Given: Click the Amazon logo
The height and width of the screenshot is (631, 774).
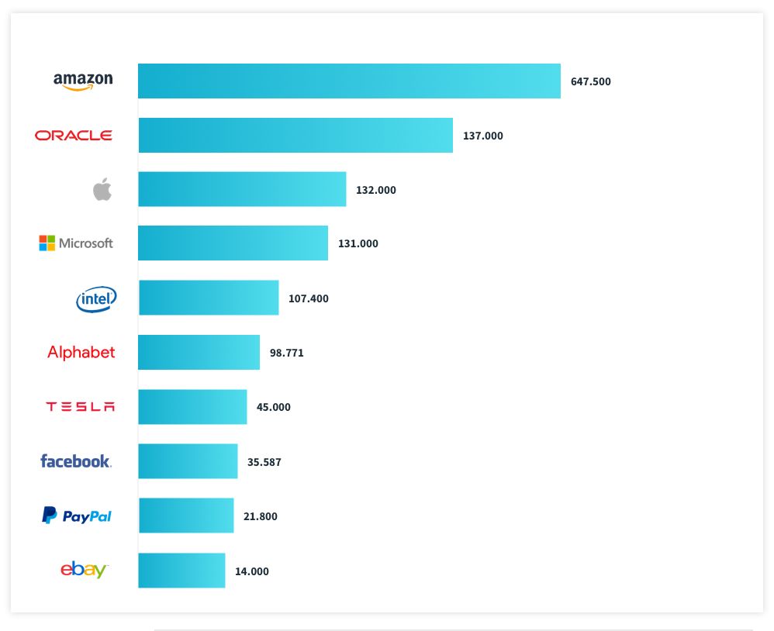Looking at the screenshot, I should coord(83,81).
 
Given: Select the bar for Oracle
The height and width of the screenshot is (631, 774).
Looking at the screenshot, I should coord(295,136).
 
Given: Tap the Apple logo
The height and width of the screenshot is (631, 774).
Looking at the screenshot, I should coord(102,189).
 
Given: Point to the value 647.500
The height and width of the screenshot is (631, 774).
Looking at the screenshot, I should coord(590,81).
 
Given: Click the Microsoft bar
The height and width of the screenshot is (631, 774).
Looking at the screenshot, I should coord(233,243).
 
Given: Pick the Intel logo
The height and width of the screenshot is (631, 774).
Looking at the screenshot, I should coord(96,298).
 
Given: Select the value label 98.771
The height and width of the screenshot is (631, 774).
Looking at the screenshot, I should coord(286,353).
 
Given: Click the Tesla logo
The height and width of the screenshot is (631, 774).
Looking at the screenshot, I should coord(80,407).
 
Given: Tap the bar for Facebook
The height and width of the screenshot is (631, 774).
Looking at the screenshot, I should coord(188,461).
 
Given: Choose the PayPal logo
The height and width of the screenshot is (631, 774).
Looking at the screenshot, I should coord(77,515).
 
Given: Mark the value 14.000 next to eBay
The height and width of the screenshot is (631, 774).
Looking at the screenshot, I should coord(251,571).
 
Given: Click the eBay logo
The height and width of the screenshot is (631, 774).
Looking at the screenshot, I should coord(84,570).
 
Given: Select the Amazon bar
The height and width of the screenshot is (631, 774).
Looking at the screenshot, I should coord(349,81).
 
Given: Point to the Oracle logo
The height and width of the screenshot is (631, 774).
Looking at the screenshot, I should coord(74,136).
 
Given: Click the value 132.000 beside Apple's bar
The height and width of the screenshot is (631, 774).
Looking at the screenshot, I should coord(375,190).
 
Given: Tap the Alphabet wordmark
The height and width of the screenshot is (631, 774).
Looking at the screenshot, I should coord(81,353).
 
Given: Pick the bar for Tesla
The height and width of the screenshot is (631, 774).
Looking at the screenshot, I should coord(192,407).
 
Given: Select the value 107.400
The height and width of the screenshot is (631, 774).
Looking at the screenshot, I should coord(308,298).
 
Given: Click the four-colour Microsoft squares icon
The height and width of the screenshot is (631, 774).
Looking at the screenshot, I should coord(47,243).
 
